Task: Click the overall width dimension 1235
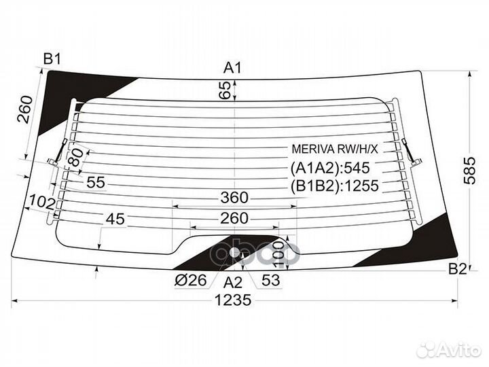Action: pyautogui.click(x=233, y=300)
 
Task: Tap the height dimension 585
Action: pyautogui.click(x=470, y=170)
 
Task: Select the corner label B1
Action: pyautogui.click(x=52, y=58)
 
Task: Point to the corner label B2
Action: pyautogui.click(x=458, y=268)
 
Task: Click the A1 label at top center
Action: pyautogui.click(x=232, y=67)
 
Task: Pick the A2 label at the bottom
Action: pyautogui.click(x=233, y=283)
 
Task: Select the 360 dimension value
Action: pyautogui.click(x=234, y=198)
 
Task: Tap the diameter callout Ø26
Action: pyautogui.click(x=191, y=280)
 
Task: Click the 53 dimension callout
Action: pyautogui.click(x=271, y=280)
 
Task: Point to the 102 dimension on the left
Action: pyautogui.click(x=42, y=203)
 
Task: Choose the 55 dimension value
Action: pyautogui.click(x=96, y=182)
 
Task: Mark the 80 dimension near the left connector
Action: pyautogui.click(x=76, y=157)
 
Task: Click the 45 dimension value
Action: pyautogui.click(x=115, y=219)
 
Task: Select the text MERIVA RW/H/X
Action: pyautogui.click(x=335, y=149)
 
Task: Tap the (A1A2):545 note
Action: pyautogui.click(x=330, y=169)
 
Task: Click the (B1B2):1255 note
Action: pyautogui.click(x=335, y=186)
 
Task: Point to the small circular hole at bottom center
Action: pyautogui.click(x=234, y=252)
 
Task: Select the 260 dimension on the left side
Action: pyautogui.click(x=24, y=109)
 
